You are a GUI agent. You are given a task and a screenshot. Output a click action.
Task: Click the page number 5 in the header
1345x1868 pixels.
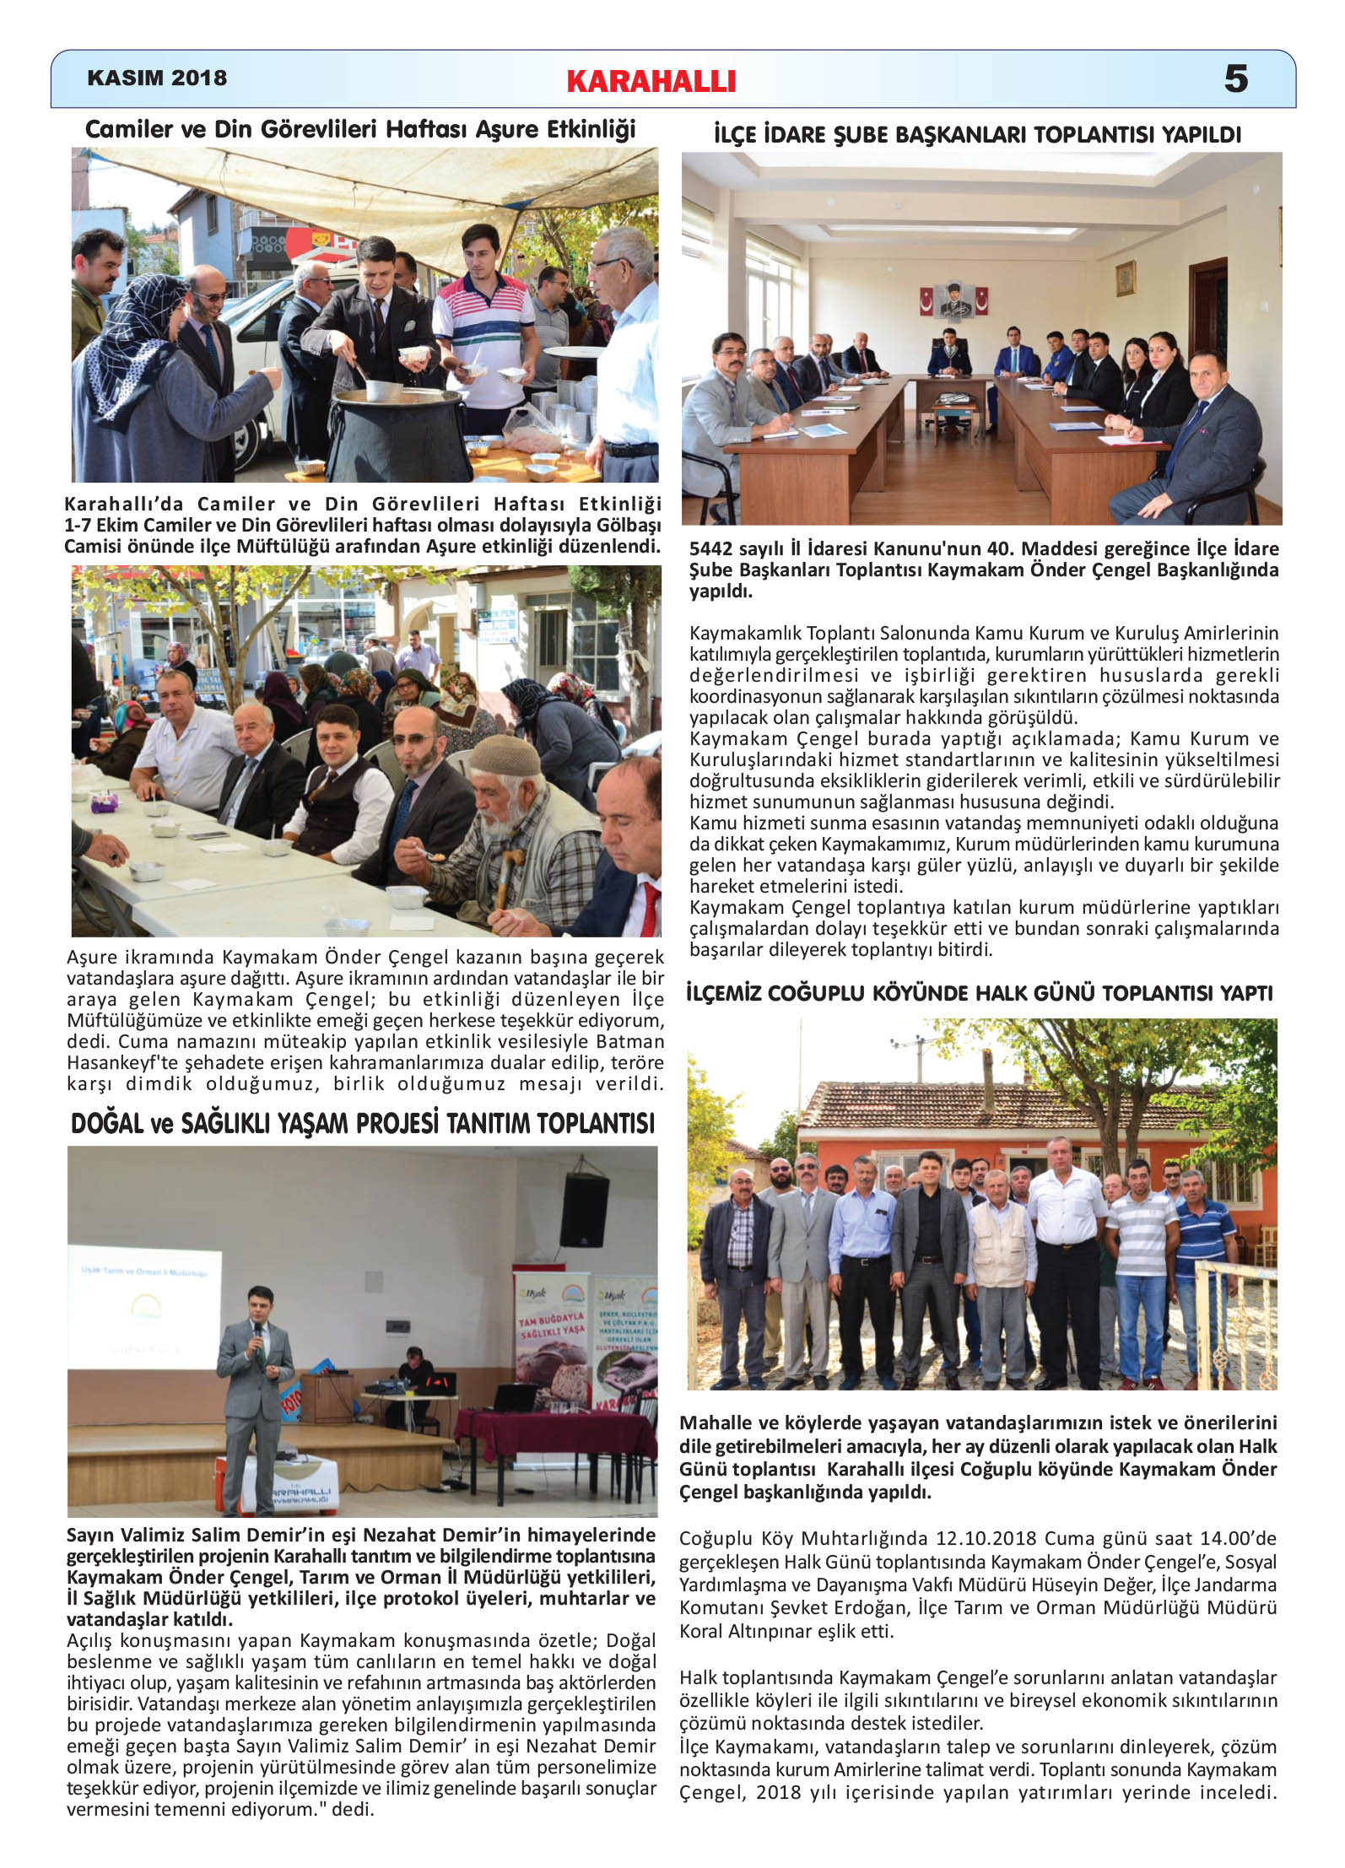click(1235, 79)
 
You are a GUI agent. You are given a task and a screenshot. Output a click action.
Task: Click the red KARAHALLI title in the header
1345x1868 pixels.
click(651, 81)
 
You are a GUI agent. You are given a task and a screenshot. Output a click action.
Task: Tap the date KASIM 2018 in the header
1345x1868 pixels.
click(157, 78)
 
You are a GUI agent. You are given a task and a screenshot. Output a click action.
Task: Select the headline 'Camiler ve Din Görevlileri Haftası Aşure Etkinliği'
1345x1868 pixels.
click(360, 129)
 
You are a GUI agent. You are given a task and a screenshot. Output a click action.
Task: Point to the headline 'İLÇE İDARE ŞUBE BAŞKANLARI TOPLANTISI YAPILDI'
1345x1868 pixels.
click(977, 135)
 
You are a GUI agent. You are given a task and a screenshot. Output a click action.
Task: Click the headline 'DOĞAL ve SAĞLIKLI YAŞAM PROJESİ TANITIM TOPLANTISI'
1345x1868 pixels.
click(363, 1123)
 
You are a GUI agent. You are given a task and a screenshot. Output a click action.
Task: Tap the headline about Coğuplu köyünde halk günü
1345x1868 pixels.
click(979, 993)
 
